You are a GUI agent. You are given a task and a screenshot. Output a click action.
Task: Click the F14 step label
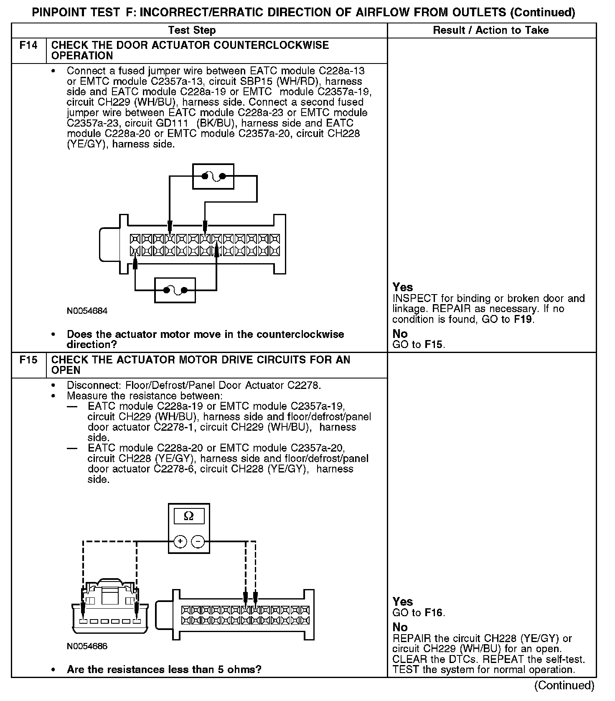tap(28, 45)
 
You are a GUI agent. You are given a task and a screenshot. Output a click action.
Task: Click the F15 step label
tap(28, 360)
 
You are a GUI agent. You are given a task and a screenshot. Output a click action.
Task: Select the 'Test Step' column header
tap(192, 30)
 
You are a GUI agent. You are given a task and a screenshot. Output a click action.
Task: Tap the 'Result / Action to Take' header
tap(491, 30)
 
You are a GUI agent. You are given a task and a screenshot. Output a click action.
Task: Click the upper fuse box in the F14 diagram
tap(213, 176)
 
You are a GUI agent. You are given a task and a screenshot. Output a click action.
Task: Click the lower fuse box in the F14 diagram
tap(175, 290)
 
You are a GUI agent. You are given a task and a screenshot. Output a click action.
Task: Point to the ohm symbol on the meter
tap(189, 516)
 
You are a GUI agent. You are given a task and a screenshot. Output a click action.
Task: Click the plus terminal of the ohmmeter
tap(180, 542)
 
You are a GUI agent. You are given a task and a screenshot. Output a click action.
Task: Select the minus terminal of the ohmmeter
tap(198, 542)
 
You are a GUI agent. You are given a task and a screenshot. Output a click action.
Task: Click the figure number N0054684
tap(87, 311)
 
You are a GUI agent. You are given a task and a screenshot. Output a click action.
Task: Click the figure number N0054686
tap(87, 646)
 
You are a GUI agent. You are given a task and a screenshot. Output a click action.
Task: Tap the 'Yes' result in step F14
tap(403, 287)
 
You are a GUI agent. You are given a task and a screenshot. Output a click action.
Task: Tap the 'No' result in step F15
tap(400, 627)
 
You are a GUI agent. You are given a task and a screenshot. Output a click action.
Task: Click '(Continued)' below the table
tap(564, 686)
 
